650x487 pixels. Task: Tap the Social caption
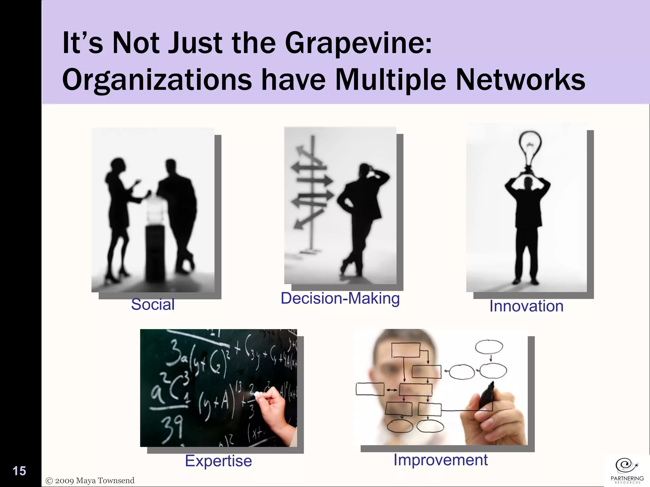coord(153,304)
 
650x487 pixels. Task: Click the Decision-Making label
coord(340,298)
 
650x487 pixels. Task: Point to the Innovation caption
coord(526,306)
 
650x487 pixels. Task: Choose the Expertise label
coord(218,461)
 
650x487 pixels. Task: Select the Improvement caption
coord(441,460)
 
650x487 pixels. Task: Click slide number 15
coord(19,471)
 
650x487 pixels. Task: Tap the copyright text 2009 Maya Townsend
coord(90,481)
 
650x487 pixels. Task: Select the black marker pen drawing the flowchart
coord(486,396)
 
